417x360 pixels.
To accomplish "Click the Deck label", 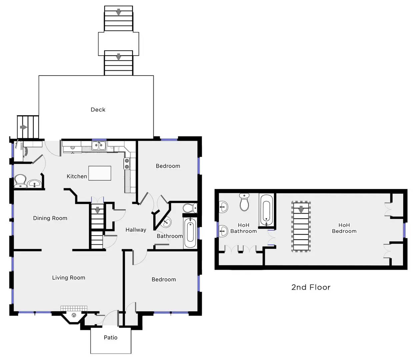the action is pos(98,110).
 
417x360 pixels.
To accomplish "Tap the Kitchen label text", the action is pos(77,176).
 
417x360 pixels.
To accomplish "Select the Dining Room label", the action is pos(50,218).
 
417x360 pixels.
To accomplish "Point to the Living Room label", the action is pos(69,278).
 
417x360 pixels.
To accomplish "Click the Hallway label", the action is pos(136,230).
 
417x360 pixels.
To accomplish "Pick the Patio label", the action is pos(111,337).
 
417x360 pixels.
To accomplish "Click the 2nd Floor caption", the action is pos(311,287).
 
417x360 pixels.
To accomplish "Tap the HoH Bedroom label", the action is pos(344,228).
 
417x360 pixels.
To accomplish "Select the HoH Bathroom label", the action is pos(244,228).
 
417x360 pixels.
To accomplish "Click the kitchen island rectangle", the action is pos(100,173).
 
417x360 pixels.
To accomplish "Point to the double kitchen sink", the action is pos(99,146).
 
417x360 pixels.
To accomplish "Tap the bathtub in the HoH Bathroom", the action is pos(266,210).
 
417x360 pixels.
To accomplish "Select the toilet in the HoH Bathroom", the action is pos(244,202).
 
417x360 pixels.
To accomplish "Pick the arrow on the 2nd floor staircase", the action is pos(301,209).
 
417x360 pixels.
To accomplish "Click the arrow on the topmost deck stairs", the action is pos(119,12).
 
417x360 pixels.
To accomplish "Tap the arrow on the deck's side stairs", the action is pos(24,127).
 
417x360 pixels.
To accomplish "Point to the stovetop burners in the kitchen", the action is pos(127,164).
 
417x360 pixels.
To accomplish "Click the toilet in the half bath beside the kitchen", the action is pos(20,181).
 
